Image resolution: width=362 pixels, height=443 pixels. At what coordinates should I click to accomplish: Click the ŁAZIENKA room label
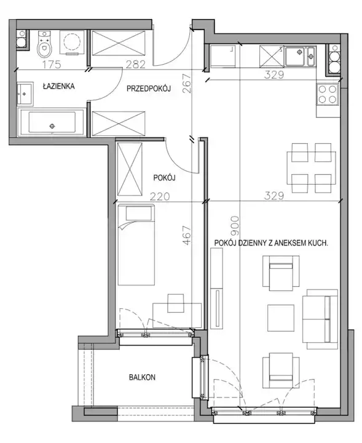coord(58,86)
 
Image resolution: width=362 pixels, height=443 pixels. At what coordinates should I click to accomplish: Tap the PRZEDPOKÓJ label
coord(149,89)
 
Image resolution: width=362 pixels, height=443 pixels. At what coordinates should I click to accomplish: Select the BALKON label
coord(142,377)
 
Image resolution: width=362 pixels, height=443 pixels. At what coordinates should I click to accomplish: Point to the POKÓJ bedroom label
coord(164,178)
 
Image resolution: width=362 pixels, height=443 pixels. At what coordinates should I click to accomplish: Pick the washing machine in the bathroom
coord(73,42)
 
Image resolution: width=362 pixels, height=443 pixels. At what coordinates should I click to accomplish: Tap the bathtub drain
coord(52,126)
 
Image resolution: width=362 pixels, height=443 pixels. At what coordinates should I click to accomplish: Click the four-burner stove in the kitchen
coord(328,94)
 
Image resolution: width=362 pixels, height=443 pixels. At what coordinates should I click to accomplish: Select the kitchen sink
coord(300,56)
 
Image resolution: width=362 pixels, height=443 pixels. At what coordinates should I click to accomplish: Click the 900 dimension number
coord(235,226)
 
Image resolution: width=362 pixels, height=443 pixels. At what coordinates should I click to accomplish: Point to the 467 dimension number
coord(187,235)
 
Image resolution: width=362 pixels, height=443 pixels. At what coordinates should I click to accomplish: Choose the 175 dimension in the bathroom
coord(52,65)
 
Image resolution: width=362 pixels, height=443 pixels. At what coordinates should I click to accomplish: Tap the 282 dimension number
coord(135,65)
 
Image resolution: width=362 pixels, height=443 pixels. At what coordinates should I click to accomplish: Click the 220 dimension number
coord(160,196)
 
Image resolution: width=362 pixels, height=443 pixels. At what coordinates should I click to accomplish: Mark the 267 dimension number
coord(187,84)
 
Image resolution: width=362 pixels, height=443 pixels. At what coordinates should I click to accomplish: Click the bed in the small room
coord(136,245)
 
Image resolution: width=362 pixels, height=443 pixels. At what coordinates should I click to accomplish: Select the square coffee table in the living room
coord(281,318)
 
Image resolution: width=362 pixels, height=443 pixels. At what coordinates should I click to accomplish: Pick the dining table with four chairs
coord(311,168)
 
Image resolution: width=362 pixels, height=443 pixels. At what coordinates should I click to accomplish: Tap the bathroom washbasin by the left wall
coord(25,94)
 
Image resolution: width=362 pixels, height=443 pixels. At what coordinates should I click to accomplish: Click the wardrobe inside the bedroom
coord(130,169)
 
